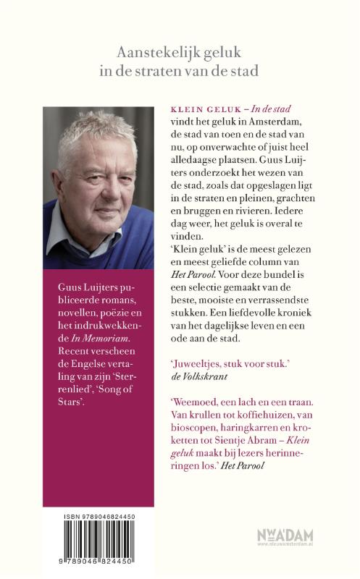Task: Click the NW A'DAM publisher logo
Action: (284, 537)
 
